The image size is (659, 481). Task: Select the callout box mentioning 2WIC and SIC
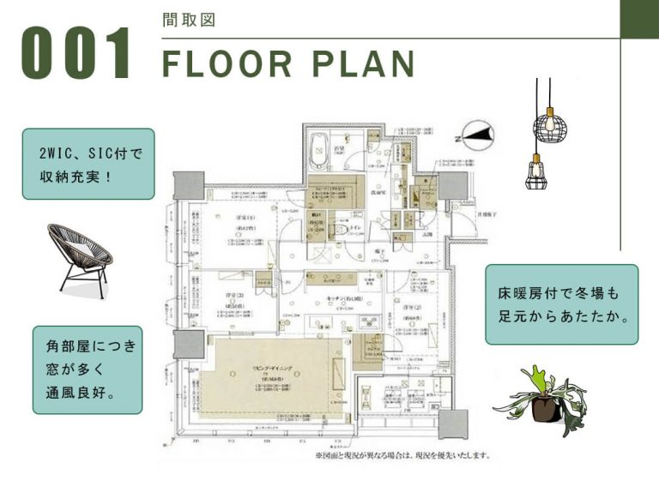pyautogui.click(x=88, y=163)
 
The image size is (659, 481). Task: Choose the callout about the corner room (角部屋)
pyautogui.click(x=88, y=370)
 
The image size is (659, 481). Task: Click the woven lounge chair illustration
pyautogui.click(x=80, y=257)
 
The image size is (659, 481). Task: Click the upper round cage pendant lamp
pyautogui.click(x=549, y=128)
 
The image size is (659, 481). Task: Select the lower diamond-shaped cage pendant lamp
pyautogui.click(x=535, y=171)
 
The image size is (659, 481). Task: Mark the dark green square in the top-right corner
pyautogui.click(x=639, y=19)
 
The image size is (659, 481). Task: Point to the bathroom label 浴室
pyautogui.click(x=339, y=149)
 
